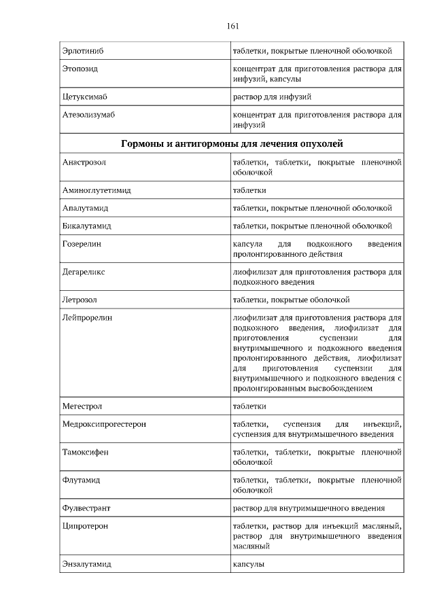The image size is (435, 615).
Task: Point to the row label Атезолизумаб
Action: point(88,116)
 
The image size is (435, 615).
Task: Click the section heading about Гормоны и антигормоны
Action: point(232,144)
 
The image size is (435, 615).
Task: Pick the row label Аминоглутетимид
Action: point(96,190)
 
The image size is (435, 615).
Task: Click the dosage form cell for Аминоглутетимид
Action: point(249,190)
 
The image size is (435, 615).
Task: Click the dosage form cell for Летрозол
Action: point(291,300)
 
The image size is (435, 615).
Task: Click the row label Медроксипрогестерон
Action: point(104,424)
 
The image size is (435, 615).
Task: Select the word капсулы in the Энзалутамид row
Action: point(248,564)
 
